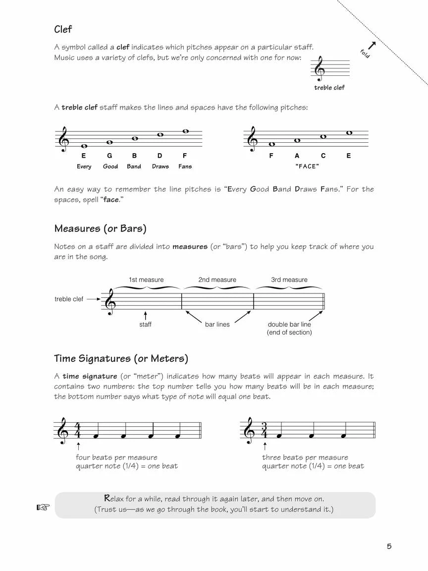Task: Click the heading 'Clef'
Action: tap(63, 30)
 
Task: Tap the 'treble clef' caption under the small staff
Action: tap(329, 88)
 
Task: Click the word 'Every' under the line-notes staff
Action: tap(84, 167)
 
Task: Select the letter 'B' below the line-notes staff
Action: tap(134, 156)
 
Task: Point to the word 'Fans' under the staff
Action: tap(185, 167)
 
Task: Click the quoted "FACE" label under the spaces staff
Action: tap(307, 167)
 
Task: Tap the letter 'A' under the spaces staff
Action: tap(297, 156)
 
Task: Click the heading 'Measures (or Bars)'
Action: tap(100, 228)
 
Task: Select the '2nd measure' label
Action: tap(217, 280)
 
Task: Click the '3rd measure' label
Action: tap(289, 280)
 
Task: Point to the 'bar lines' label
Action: tap(217, 324)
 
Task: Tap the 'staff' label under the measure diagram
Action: tap(145, 324)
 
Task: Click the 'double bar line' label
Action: tap(289, 324)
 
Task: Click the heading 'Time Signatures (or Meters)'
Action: tap(121, 358)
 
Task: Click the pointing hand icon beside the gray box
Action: tap(44, 507)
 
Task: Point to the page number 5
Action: tap(389, 546)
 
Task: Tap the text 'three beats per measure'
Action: tap(305, 457)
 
